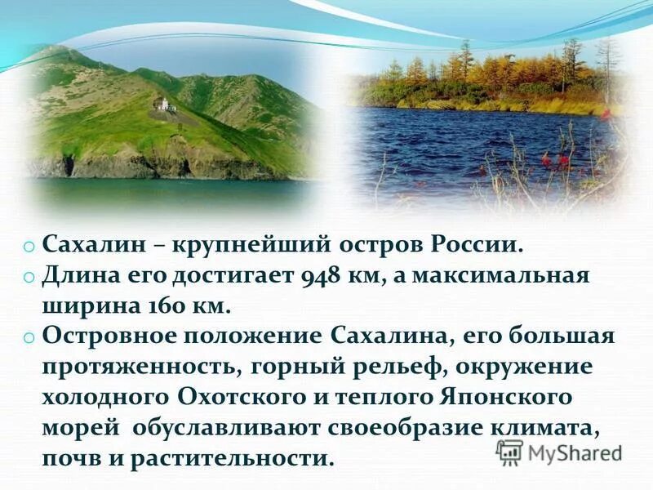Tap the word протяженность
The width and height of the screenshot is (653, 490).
[135, 367]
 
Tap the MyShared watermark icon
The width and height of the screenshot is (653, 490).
[510, 452]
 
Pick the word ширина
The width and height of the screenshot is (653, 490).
[81, 306]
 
